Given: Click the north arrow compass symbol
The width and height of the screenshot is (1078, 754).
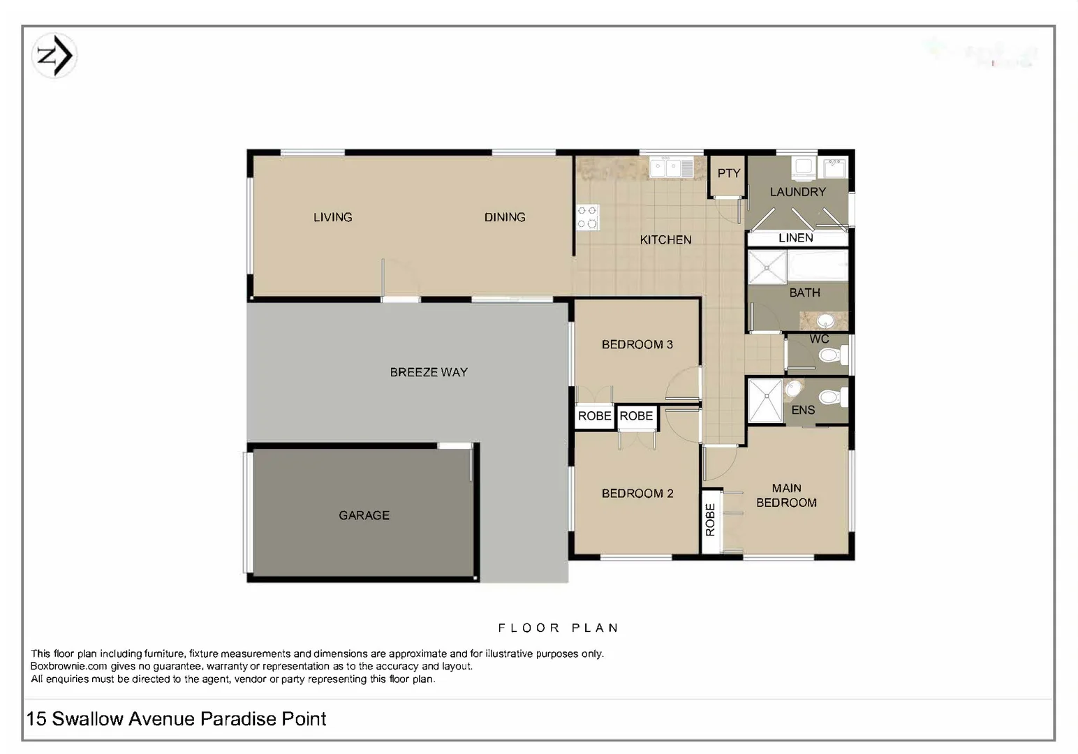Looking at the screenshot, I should click(x=54, y=56).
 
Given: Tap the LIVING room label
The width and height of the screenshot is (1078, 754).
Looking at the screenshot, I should click(x=332, y=217).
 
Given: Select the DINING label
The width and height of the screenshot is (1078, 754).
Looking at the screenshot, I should click(x=504, y=217).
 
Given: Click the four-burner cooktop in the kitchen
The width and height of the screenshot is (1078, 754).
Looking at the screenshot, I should click(x=587, y=217).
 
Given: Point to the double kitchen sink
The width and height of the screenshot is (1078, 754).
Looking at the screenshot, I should click(x=671, y=168).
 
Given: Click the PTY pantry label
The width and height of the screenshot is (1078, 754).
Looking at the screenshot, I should click(x=728, y=173).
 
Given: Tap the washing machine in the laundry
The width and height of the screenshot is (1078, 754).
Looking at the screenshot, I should click(x=802, y=167).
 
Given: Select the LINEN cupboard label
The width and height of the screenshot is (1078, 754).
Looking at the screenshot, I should click(x=795, y=238).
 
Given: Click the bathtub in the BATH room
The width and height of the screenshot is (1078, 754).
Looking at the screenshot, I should click(x=818, y=265).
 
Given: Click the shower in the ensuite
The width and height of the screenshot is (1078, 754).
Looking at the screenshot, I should click(x=765, y=400).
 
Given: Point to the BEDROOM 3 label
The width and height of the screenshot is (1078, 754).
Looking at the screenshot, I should click(x=637, y=344).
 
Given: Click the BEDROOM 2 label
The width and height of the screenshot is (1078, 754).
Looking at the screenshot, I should click(x=637, y=493).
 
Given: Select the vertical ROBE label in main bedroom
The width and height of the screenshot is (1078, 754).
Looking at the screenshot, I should click(x=710, y=519).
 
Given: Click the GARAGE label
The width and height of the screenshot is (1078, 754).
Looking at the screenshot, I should click(x=364, y=515).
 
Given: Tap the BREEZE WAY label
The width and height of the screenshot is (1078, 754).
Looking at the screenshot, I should click(x=428, y=372).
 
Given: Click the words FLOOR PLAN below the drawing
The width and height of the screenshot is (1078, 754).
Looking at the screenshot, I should click(x=558, y=628).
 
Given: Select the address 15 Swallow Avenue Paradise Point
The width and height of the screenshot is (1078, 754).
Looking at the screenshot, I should click(x=176, y=718).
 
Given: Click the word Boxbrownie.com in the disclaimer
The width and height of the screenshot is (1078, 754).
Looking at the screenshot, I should click(x=68, y=666).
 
